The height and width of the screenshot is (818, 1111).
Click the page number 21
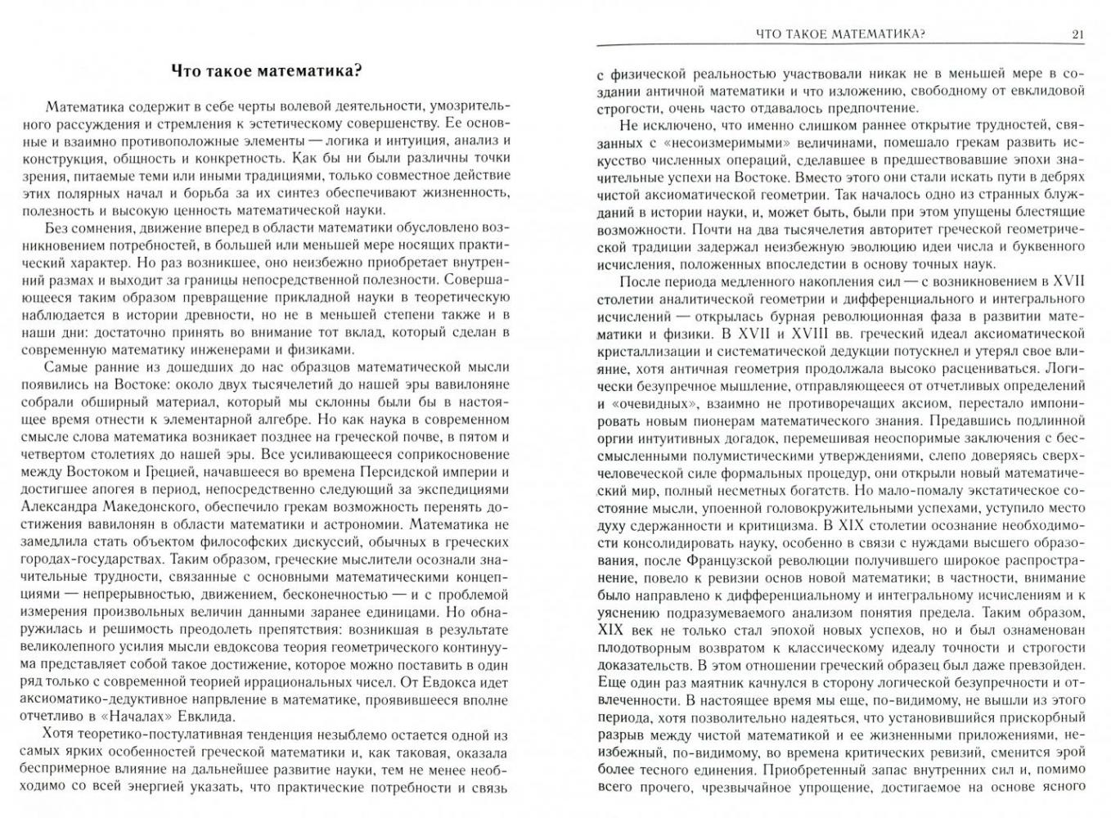[x=1077, y=34]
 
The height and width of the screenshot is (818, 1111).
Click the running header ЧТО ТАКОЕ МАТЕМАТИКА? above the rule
[x=839, y=34]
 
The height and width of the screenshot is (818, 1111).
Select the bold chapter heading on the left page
[x=266, y=70]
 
